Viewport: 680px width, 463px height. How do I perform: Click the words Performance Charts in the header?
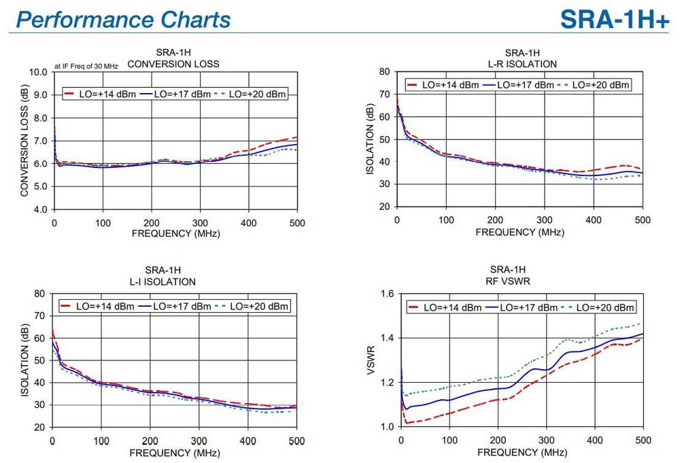[123, 19]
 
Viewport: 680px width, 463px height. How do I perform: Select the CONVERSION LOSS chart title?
[173, 65]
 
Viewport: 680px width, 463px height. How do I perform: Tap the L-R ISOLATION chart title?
[522, 64]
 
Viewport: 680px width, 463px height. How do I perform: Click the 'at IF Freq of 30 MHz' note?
[86, 66]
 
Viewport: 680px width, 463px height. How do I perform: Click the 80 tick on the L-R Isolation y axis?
[383, 71]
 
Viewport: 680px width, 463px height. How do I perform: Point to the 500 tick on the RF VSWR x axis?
[642, 441]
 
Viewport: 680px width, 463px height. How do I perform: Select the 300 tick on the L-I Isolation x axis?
[199, 441]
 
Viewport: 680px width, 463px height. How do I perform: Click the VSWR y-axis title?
[371, 360]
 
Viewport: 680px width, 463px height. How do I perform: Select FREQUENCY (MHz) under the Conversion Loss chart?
[175, 233]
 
